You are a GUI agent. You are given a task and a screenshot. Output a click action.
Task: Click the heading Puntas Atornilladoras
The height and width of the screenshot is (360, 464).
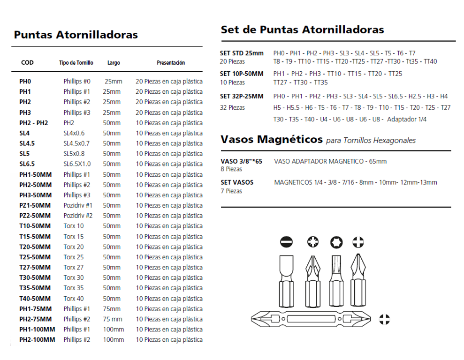(76, 35)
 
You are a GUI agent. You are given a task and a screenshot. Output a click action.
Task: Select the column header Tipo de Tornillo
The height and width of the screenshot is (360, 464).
(76, 63)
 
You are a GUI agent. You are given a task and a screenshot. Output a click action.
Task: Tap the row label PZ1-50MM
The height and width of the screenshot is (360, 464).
(35, 205)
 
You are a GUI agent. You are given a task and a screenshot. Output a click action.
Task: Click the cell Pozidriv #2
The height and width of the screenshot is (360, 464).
(78, 216)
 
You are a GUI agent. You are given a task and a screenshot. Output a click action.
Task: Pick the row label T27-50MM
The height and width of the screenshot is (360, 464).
(35, 267)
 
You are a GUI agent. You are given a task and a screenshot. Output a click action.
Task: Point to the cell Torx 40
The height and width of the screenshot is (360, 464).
(74, 299)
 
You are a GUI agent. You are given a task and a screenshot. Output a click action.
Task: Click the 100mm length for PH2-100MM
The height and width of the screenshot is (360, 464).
(114, 340)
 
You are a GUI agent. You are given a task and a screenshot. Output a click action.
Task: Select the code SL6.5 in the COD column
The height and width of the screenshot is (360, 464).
(27, 164)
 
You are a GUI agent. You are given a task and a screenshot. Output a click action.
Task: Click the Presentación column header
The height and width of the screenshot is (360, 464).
(171, 63)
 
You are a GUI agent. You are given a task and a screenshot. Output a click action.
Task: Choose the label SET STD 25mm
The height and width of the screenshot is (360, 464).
(242, 53)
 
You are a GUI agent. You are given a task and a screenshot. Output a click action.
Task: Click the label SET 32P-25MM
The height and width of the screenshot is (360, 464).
(242, 96)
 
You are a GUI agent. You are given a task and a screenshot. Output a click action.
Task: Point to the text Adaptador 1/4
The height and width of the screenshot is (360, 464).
(407, 120)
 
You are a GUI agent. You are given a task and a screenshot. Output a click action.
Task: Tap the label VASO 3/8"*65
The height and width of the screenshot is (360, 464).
(242, 161)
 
